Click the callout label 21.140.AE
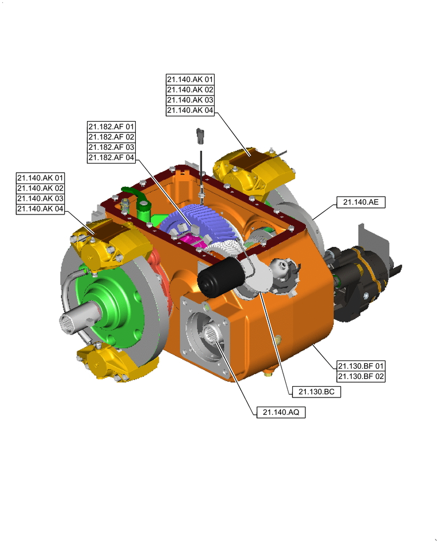(360, 202)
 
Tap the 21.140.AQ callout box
(281, 413)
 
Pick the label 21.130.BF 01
(361, 365)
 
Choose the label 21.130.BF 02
(361, 376)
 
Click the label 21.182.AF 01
(111, 127)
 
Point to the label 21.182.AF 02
(111, 137)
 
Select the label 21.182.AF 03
(111, 147)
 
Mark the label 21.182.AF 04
(111, 157)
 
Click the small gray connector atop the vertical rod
(201, 134)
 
